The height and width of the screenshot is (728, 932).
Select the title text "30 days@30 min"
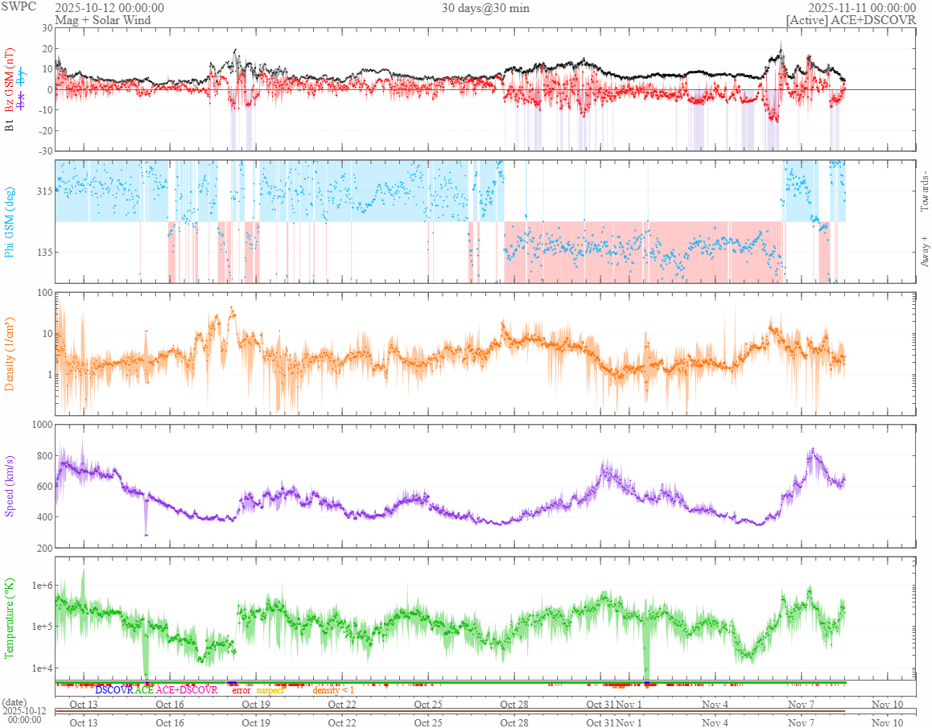click(485, 8)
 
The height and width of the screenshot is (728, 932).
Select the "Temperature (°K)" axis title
click(10, 618)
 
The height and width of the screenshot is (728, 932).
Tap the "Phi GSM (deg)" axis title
click(10, 221)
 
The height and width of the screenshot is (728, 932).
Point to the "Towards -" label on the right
click(923, 191)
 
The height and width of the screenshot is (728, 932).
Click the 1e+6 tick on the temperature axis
click(39, 585)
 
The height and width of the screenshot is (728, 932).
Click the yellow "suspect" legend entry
click(270, 690)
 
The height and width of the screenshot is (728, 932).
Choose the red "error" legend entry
click(241, 690)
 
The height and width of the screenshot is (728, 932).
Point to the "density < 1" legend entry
click(333, 690)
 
